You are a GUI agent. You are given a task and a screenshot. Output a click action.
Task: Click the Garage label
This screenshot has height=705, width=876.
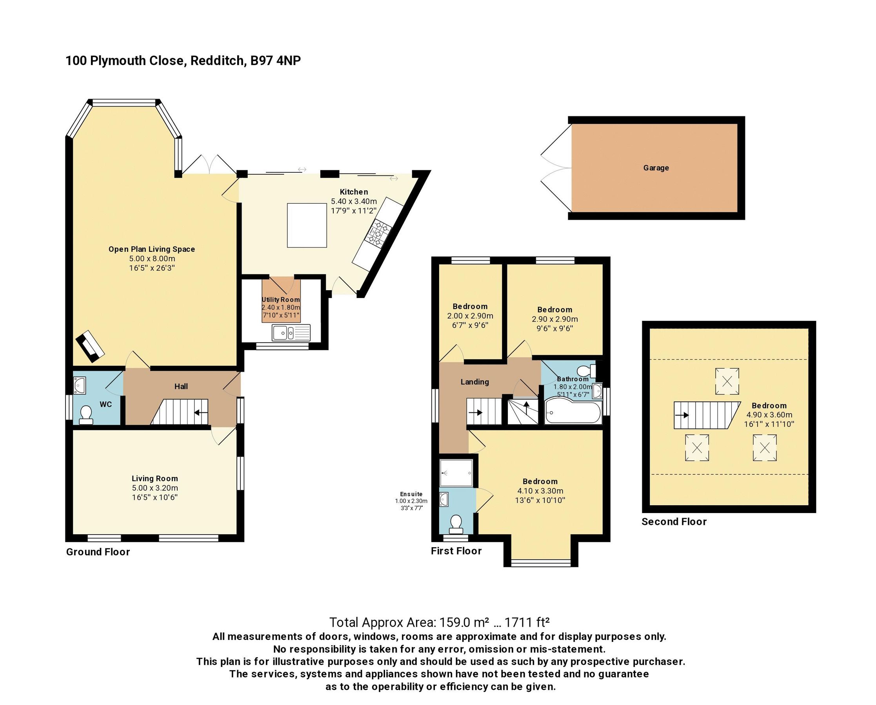(x=656, y=168)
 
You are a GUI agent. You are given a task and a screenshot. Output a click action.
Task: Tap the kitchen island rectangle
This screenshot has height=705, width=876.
(x=307, y=225)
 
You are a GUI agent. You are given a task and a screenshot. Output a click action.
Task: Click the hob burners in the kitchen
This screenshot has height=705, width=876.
(x=378, y=233)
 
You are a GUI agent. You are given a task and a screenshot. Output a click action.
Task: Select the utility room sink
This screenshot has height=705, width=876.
(x=291, y=333)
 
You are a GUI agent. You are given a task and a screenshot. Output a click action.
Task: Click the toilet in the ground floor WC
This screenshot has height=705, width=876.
(x=86, y=416)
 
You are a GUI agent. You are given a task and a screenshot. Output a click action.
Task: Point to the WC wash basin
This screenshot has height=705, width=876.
(x=80, y=385)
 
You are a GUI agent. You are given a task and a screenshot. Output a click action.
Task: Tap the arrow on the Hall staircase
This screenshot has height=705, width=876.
(x=200, y=412)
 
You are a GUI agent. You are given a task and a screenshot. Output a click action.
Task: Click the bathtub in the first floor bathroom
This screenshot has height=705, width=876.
(x=572, y=411)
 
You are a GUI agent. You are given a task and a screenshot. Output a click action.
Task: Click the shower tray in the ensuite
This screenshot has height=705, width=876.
(x=456, y=473)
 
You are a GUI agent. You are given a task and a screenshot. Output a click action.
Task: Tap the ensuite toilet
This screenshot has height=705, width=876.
(x=456, y=524)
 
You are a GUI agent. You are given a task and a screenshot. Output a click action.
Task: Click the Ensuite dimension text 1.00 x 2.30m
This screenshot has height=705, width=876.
(x=411, y=501)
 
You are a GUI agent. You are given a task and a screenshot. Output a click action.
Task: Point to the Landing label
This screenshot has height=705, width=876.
(x=474, y=382)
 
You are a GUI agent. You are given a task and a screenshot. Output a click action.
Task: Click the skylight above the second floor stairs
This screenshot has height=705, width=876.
(x=727, y=381)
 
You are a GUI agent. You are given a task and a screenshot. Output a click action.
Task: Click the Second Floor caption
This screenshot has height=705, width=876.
(x=674, y=521)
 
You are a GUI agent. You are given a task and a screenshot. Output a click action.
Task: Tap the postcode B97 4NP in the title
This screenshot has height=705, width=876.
(x=275, y=60)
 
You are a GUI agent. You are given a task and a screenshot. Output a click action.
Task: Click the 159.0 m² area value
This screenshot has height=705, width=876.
(x=463, y=622)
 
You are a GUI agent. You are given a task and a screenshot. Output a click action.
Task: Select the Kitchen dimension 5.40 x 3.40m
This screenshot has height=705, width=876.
(x=354, y=201)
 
